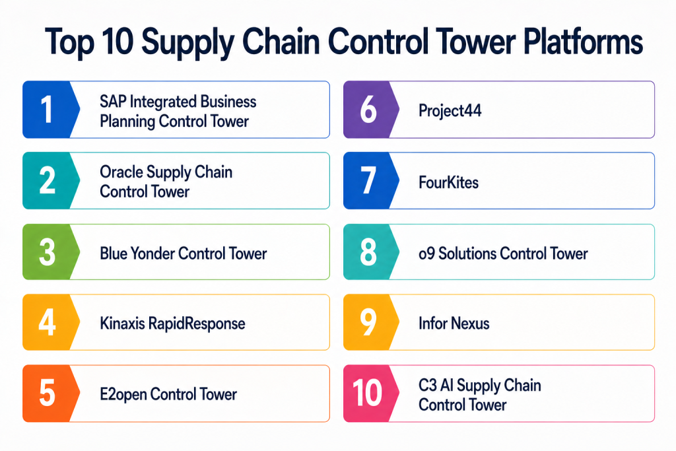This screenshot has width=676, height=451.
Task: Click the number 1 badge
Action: pos(47,110)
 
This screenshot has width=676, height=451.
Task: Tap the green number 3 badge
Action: pos(47,252)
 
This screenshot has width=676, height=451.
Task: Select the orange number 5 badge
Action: pos(47,394)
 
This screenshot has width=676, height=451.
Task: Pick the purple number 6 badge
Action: pos(368,110)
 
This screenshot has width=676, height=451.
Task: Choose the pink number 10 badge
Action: pos(368,394)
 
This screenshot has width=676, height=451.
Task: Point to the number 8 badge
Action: pos(368,252)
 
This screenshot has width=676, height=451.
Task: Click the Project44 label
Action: pos(450,110)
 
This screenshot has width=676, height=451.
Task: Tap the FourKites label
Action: pos(448,182)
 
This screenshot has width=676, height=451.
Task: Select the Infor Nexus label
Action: pos(454,324)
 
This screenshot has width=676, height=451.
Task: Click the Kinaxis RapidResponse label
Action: pos(172,324)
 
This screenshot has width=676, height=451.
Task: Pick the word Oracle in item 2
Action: pos(121,172)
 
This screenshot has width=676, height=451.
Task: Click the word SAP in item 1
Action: pos(112,102)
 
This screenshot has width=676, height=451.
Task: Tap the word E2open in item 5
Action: pos(123,394)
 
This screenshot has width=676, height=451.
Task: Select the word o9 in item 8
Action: pos(426,253)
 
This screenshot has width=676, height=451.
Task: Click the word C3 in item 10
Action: pos(427,385)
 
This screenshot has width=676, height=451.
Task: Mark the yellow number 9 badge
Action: pos(368,324)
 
